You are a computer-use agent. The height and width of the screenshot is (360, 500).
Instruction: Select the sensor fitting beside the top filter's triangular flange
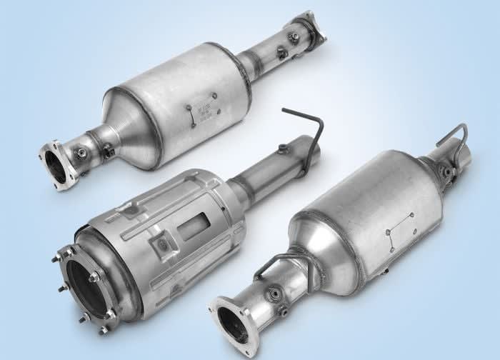click(81, 152)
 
